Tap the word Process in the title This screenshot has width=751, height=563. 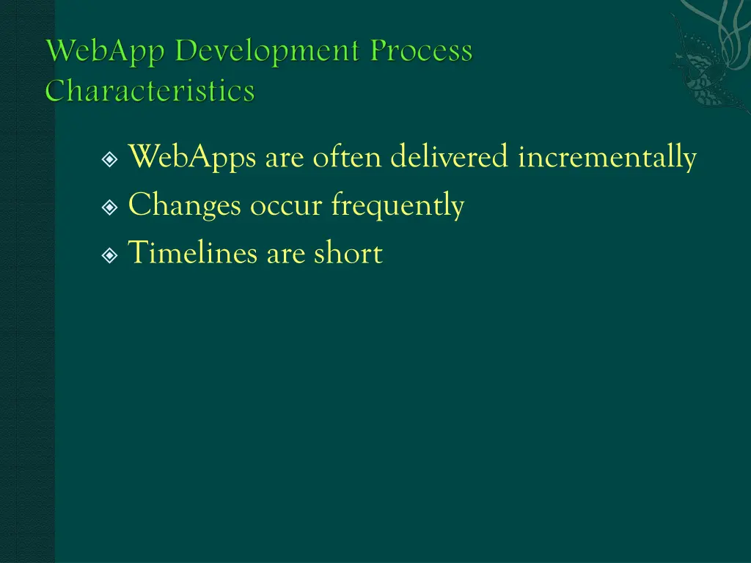(x=421, y=52)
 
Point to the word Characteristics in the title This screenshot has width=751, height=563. (x=150, y=92)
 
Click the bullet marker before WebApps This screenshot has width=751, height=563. (x=110, y=159)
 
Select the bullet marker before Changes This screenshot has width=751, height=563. (x=110, y=207)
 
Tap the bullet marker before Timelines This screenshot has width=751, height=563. (x=110, y=255)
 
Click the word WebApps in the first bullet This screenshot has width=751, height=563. (x=193, y=158)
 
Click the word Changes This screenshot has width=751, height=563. (x=184, y=206)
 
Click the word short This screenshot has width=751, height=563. (x=348, y=254)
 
